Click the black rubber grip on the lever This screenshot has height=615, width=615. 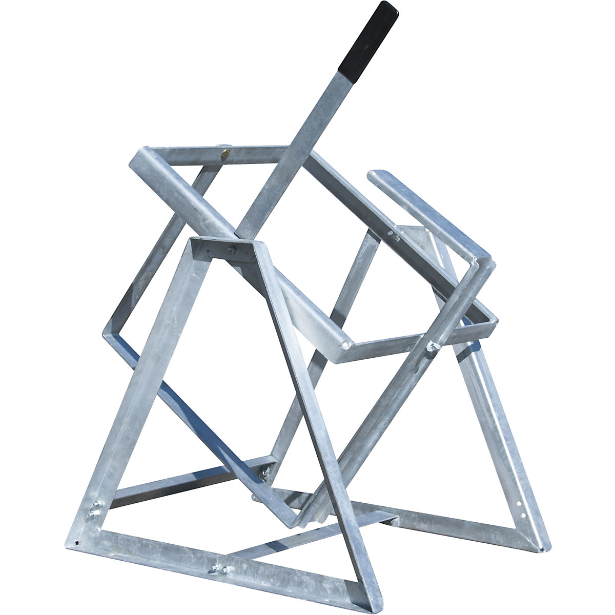pyautogui.click(x=367, y=38)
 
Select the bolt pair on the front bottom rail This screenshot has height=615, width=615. pyautogui.click(x=217, y=567)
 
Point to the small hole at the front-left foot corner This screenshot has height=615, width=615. pyautogui.click(x=76, y=543)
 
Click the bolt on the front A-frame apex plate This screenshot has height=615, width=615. pyautogui.click(x=231, y=251)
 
